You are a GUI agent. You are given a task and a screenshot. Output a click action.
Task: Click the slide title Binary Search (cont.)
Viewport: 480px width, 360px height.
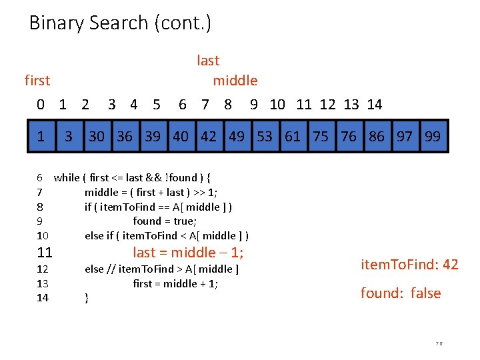click(x=120, y=23)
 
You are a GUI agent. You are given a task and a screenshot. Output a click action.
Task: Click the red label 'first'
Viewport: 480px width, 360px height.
click(x=37, y=81)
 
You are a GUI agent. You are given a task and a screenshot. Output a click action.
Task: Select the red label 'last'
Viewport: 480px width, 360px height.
click(x=208, y=61)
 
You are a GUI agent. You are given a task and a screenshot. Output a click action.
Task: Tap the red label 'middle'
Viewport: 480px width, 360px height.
click(x=235, y=81)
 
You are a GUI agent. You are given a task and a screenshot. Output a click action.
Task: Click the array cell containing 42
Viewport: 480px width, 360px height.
click(x=209, y=137)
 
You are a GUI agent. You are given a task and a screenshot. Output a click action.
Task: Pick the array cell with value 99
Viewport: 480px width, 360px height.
click(x=433, y=137)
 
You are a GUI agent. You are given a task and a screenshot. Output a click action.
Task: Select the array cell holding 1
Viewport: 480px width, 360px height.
click(x=41, y=137)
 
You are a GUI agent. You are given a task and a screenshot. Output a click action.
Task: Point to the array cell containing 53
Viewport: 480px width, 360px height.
click(x=265, y=137)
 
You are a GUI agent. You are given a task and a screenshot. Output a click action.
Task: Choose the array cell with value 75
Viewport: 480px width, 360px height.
click(x=321, y=137)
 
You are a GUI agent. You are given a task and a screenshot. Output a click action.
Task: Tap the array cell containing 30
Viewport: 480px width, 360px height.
click(x=97, y=137)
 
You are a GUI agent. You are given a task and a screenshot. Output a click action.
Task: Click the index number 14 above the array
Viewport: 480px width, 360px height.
click(x=375, y=105)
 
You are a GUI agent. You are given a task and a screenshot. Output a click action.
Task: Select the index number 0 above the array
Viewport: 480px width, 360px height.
click(x=41, y=105)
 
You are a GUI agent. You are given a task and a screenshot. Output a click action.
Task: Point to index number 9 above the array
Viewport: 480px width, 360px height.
click(x=254, y=105)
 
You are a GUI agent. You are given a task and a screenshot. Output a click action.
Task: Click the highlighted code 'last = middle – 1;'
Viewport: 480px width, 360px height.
click(x=188, y=253)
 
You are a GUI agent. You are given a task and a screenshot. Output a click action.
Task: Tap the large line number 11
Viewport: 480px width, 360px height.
click(x=45, y=253)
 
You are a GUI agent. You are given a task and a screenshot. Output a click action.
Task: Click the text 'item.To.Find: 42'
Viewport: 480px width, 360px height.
click(x=409, y=265)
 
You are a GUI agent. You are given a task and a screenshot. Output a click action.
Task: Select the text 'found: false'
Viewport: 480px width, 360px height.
click(x=401, y=293)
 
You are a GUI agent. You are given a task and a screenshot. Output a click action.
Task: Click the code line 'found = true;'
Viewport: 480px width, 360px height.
click(x=165, y=221)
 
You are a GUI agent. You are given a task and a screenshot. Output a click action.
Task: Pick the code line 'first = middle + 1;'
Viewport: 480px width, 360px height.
click(x=176, y=283)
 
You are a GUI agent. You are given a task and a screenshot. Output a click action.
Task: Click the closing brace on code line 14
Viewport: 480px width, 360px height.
click(x=87, y=298)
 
